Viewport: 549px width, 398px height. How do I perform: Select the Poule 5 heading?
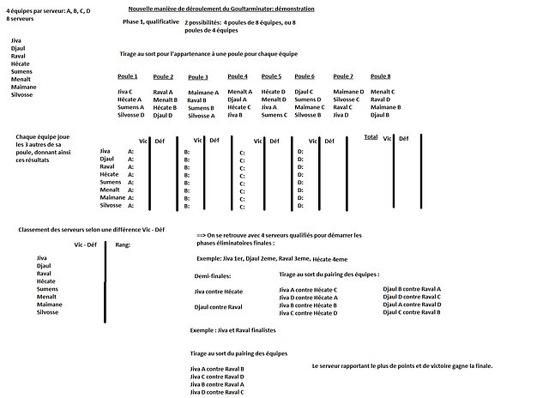tap(271, 76)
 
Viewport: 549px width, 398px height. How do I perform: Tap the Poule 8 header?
tap(380, 76)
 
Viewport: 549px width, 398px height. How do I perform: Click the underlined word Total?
tap(371, 136)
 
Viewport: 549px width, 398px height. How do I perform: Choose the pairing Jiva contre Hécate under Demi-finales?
tap(219, 292)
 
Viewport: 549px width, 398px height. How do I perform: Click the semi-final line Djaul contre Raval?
tap(218, 306)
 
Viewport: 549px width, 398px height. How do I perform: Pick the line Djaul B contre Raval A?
tap(412, 290)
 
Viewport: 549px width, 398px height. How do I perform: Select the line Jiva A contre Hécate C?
tap(308, 291)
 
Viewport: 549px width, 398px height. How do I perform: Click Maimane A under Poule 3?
tap(202, 92)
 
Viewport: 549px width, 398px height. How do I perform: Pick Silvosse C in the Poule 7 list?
tap(347, 99)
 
